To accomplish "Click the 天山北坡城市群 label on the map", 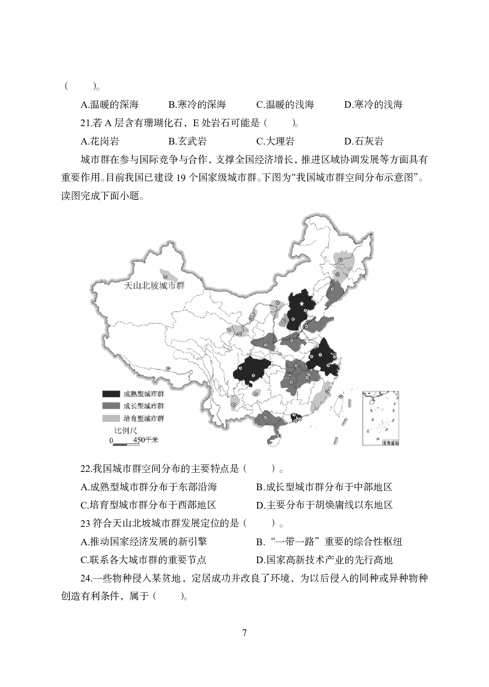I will pyautogui.click(x=154, y=286).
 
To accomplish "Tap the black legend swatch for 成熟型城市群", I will pyautogui.click(x=111, y=394).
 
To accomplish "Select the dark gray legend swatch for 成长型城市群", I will pyautogui.click(x=111, y=406).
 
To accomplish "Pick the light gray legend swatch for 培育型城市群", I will pyautogui.click(x=111, y=418).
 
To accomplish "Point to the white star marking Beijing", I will pyautogui.click(x=302, y=305).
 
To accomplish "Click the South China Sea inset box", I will pyautogui.click(x=380, y=418).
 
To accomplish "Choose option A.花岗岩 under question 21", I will pyautogui.click(x=100, y=141).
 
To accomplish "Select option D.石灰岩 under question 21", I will pyautogui.click(x=364, y=141).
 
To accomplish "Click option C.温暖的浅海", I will pyautogui.click(x=285, y=105).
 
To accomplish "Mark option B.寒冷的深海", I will pyautogui.click(x=197, y=105).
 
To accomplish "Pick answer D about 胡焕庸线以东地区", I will pyautogui.click(x=324, y=505).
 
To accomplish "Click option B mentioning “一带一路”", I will pyautogui.click(x=329, y=542).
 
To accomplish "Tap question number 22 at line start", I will pyautogui.click(x=85, y=469).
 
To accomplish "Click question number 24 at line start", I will pyautogui.click(x=85, y=578).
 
